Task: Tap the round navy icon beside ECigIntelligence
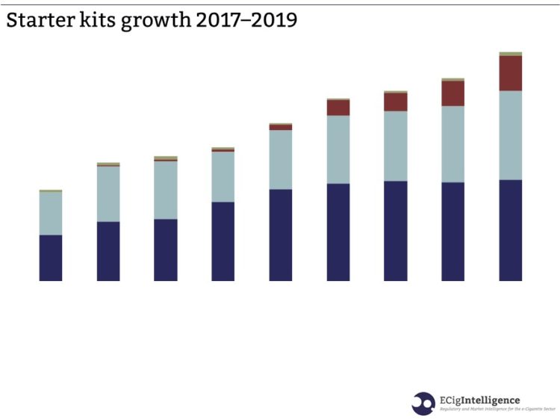(423, 404)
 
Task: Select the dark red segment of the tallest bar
(510, 73)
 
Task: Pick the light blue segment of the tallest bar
(510, 135)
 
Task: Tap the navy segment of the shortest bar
(51, 258)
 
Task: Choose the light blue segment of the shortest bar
(51, 214)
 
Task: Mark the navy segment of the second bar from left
(108, 251)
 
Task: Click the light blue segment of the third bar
(166, 190)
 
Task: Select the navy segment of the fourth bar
(223, 241)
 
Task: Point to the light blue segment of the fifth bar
(281, 159)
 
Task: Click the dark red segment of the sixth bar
(338, 108)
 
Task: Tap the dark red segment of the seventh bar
(396, 102)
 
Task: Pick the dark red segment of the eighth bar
(453, 93)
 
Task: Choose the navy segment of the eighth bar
(453, 232)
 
